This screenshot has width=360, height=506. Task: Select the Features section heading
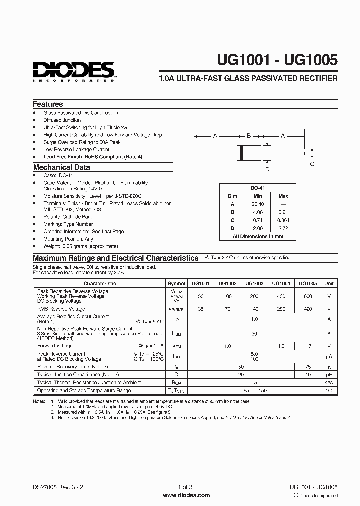[48, 104]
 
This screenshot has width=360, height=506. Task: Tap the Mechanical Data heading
[61, 167]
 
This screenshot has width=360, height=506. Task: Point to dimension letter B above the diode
[249, 135]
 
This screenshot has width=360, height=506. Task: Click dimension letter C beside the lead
[312, 163]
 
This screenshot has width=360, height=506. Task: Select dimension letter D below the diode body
[267, 169]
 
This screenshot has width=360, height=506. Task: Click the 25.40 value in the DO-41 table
[258, 204]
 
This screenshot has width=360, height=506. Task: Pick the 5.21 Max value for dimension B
[283, 212]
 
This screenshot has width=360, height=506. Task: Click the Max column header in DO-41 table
[283, 196]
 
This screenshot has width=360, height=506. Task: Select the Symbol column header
[176, 283]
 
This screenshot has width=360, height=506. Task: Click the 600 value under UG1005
[307, 296]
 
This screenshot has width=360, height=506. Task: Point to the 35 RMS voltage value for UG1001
[201, 309]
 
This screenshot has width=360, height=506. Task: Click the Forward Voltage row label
[55, 346]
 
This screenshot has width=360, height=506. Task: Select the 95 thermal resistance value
[254, 382]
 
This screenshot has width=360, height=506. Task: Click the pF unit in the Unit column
[329, 374]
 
